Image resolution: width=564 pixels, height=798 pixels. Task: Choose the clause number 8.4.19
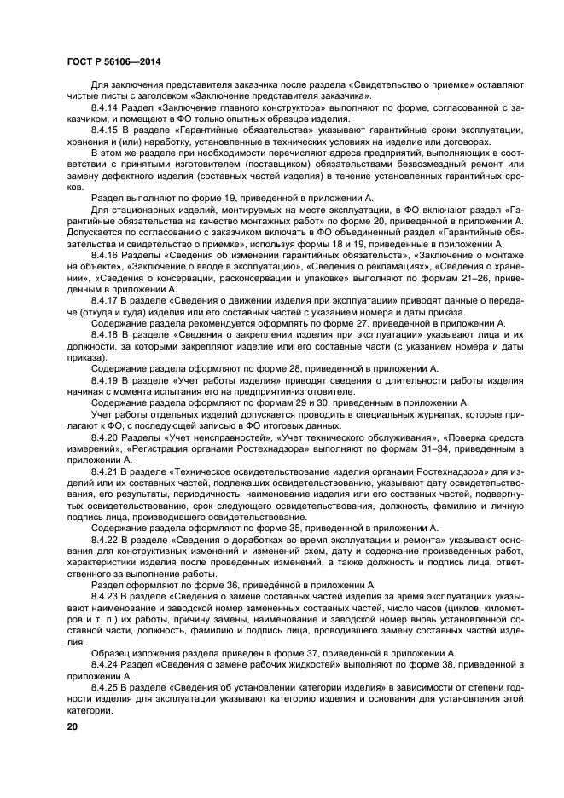(106, 381)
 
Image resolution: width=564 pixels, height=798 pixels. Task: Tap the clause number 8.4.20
(106, 438)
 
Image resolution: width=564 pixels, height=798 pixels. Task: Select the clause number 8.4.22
(106, 541)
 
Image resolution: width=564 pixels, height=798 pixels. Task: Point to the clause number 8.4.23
(106, 597)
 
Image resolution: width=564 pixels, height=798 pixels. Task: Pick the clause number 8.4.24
(106, 663)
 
